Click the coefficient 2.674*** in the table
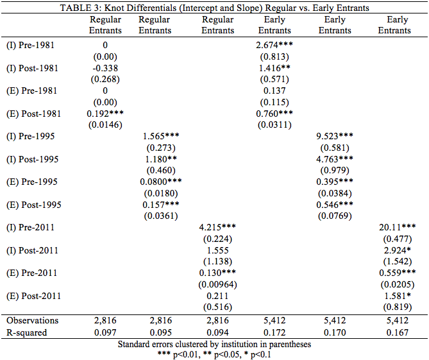tap(274, 46)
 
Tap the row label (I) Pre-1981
tap(29, 46)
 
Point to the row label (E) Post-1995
tap(32, 205)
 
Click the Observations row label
tap(33, 320)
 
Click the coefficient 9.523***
tap(335, 137)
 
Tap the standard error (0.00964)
tap(218, 284)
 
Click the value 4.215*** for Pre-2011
tap(218, 227)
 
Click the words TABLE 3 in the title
tap(80, 8)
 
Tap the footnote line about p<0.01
tap(214, 354)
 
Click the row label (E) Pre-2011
tap(31, 273)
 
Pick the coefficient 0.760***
tap(274, 114)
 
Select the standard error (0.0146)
tap(105, 126)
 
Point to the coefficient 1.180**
tap(158, 159)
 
